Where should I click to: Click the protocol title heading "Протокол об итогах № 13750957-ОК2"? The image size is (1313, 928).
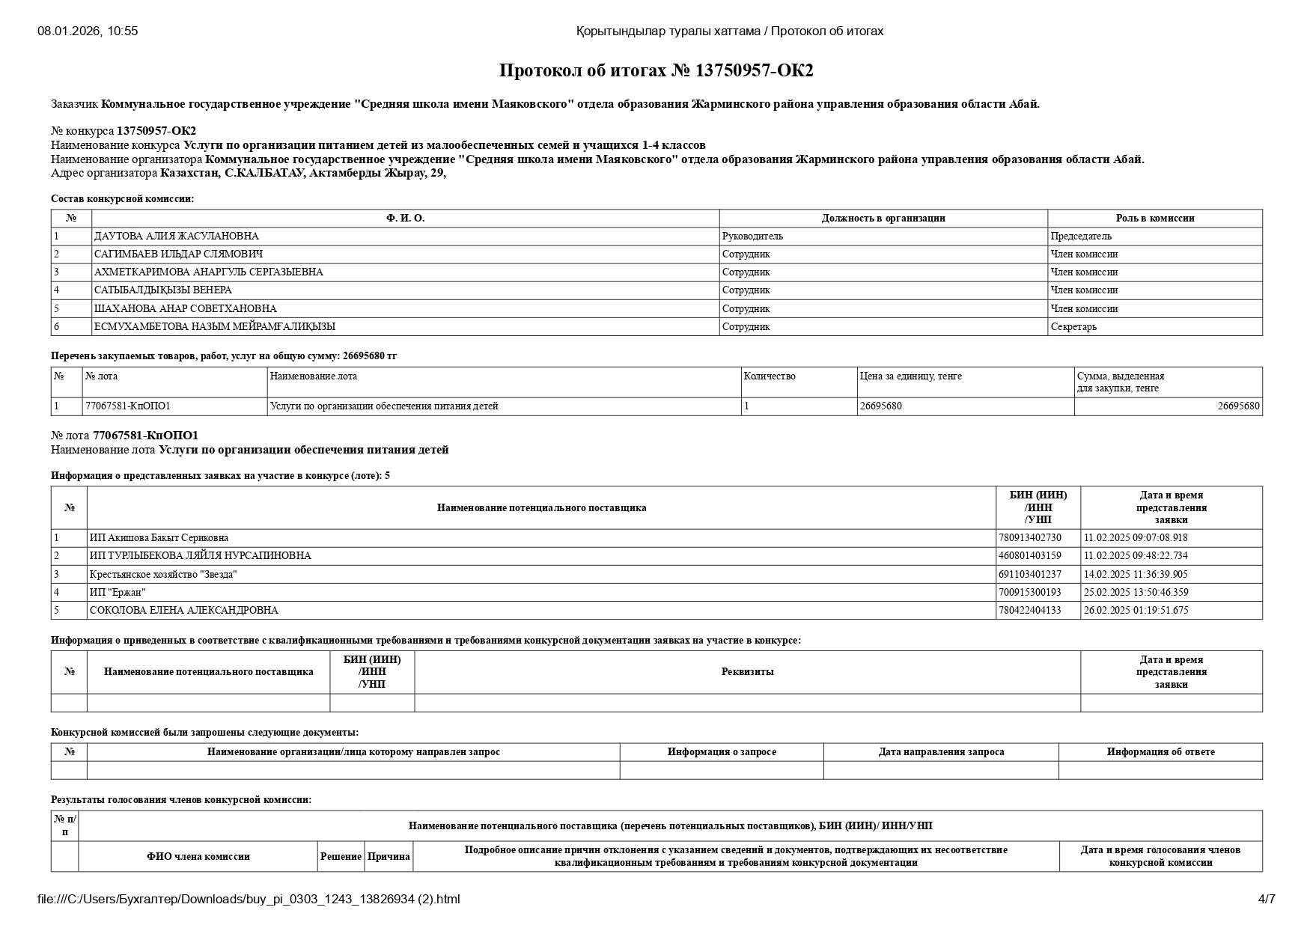tap(656, 70)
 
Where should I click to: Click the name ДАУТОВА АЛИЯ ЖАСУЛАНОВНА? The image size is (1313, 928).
tap(177, 236)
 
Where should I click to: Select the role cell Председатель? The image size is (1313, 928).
tap(1081, 236)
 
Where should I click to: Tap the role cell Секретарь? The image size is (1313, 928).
tap(1073, 327)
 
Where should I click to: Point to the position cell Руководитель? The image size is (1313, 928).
tap(752, 236)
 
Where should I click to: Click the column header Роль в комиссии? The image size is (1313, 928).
tap(1154, 219)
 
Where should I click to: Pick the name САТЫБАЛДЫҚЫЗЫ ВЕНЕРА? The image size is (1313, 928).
tap(163, 290)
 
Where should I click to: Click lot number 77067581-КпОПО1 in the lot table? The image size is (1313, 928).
tap(128, 406)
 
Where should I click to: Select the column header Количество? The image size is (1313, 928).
tap(770, 376)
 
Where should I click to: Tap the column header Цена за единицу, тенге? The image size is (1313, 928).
tap(911, 376)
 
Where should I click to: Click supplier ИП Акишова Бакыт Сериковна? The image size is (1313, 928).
tap(159, 538)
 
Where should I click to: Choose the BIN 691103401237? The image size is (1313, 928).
tap(1030, 575)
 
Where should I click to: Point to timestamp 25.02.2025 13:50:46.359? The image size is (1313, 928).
tap(1136, 593)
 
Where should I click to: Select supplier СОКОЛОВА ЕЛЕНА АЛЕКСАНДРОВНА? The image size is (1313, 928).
tap(183, 611)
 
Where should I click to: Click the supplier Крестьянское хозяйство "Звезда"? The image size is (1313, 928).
tap(163, 575)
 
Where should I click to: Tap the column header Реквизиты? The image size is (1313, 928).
tap(747, 672)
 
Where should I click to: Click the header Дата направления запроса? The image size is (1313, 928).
tap(941, 752)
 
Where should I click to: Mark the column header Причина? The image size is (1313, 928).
tap(389, 857)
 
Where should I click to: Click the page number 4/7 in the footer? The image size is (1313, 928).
tap(1267, 900)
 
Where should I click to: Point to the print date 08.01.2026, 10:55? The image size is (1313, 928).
tap(88, 31)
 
